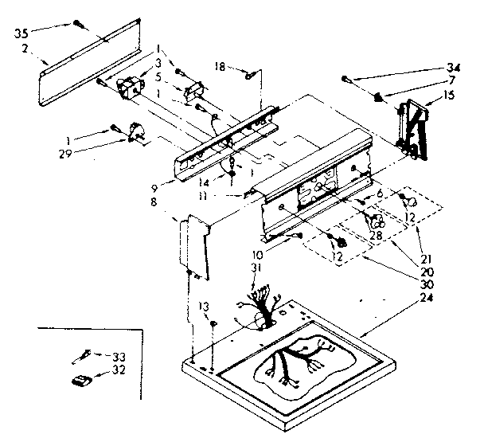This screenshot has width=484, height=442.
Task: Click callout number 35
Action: pos(20,33)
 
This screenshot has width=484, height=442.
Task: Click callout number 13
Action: pos(205,307)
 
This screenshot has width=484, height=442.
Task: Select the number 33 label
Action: pos(119,356)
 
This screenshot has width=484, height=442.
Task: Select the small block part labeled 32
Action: pos(80,381)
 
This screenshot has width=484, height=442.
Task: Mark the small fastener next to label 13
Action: pos(214,322)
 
